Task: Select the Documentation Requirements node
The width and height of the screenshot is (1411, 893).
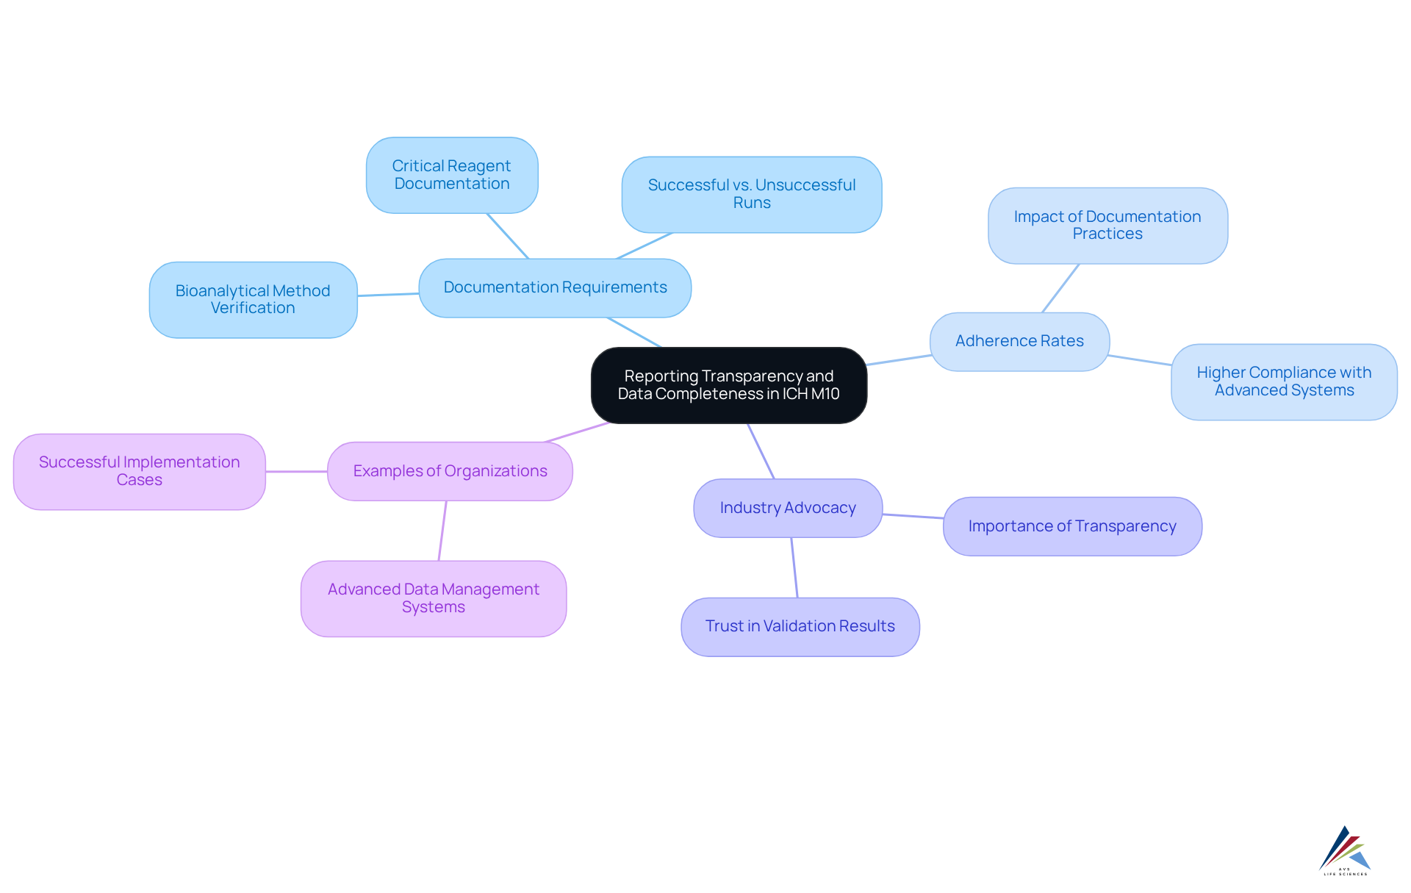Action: click(x=555, y=287)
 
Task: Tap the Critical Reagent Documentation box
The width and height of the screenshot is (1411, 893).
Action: click(x=452, y=175)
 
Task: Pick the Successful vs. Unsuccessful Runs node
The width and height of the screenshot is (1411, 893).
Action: click(x=751, y=194)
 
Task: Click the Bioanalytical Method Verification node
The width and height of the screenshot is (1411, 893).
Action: click(x=253, y=299)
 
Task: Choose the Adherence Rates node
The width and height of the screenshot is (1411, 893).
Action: click(x=1019, y=341)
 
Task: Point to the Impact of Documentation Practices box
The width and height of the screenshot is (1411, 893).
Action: click(x=1107, y=225)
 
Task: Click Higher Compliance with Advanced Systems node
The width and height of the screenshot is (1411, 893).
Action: click(x=1283, y=381)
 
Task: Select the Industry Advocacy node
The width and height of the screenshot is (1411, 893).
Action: click(x=787, y=508)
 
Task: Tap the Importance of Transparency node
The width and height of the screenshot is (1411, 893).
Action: click(x=1071, y=526)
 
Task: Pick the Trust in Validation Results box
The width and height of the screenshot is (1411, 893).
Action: click(x=800, y=626)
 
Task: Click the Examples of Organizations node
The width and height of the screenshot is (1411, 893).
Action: click(x=450, y=471)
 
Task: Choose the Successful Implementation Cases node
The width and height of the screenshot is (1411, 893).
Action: click(x=139, y=471)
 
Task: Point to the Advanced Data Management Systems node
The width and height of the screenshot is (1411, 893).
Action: click(x=433, y=598)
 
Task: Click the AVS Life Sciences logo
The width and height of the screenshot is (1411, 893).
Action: click(x=1345, y=850)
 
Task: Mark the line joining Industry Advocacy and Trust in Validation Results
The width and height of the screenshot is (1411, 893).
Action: click(x=794, y=567)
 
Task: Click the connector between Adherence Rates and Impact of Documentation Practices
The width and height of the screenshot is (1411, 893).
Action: click(x=1060, y=288)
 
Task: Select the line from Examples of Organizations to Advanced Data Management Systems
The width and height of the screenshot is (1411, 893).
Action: click(x=442, y=531)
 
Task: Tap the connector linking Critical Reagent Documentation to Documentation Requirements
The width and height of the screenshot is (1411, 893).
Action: click(x=508, y=236)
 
